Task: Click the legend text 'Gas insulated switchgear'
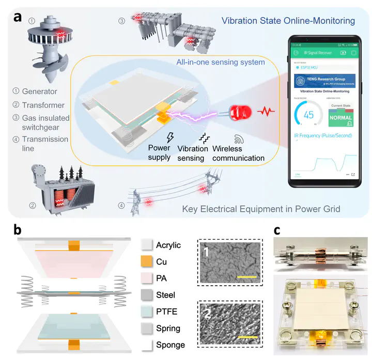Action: (x=45, y=119)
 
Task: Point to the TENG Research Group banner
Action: (x=326, y=80)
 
